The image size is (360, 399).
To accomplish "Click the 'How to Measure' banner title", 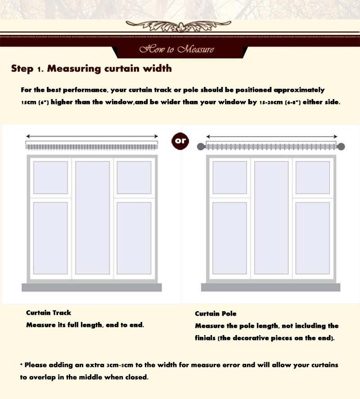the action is click(x=177, y=49).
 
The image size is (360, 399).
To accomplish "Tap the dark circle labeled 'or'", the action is click(x=180, y=141).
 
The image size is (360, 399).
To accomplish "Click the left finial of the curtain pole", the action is click(x=201, y=146).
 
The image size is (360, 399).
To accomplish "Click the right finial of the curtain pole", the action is click(x=341, y=146).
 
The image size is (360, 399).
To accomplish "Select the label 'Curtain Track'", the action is click(x=49, y=313).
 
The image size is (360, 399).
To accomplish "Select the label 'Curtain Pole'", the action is click(x=216, y=313).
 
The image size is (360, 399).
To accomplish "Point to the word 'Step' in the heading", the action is click(x=22, y=69).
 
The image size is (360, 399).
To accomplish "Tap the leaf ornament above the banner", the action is click(x=179, y=26).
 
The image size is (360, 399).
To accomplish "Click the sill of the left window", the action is click(x=92, y=287).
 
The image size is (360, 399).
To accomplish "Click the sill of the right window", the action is click(x=271, y=287).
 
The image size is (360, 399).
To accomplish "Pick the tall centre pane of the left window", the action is click(x=93, y=218).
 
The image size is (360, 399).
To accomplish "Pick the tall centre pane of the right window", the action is click(x=271, y=218).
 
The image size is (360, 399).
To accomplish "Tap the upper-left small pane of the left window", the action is click(x=50, y=177).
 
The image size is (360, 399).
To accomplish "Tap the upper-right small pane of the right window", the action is click(x=313, y=177).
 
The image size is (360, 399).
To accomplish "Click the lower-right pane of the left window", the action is click(x=134, y=238).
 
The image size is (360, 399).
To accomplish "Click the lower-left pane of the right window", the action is click(x=229, y=238).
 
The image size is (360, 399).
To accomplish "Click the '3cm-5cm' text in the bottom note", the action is click(x=120, y=365).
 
